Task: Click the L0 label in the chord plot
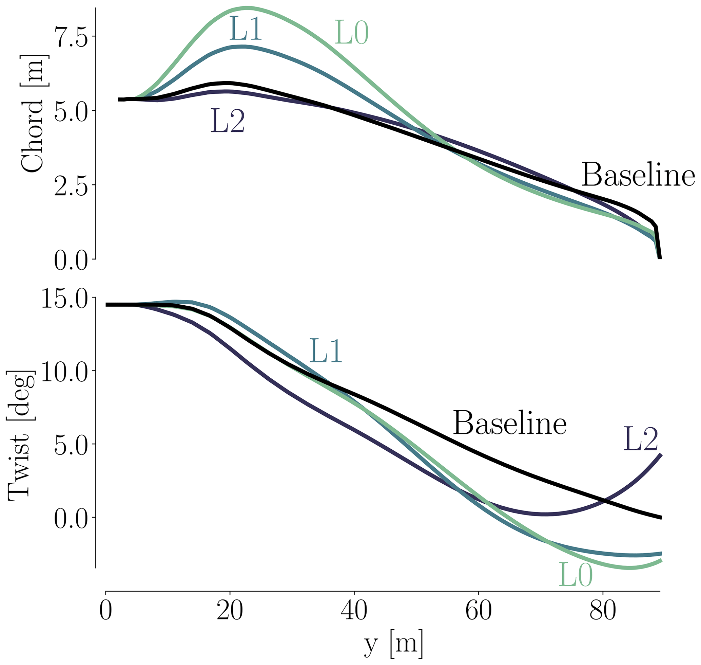pos(351,33)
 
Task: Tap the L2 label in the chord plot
pos(228,121)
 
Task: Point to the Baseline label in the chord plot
pos(638,175)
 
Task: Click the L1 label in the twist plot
pos(326,351)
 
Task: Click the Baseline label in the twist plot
pos(510,423)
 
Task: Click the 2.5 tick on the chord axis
pos(70,185)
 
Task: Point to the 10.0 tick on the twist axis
pos(64,371)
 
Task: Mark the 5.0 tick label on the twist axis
pos(70,444)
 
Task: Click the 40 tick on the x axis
pos(354,611)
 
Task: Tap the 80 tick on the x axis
pos(603,611)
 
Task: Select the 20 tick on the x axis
pos(230,611)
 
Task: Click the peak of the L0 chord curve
pos(247,8)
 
